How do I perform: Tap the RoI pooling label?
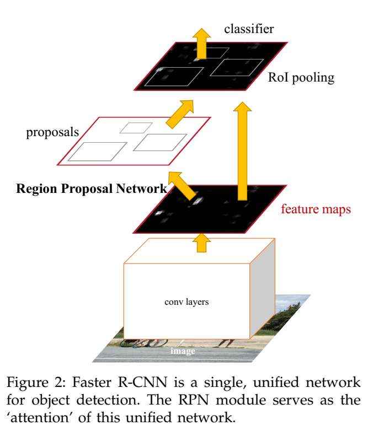coord(301,77)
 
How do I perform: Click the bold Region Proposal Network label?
coord(92,188)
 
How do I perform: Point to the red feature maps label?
coord(316,209)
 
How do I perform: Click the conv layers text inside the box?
coord(186,301)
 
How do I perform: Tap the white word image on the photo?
coord(182,351)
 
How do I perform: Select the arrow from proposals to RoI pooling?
coord(179,113)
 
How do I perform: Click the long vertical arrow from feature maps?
coord(241,152)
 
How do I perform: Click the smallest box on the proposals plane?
coord(136,127)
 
